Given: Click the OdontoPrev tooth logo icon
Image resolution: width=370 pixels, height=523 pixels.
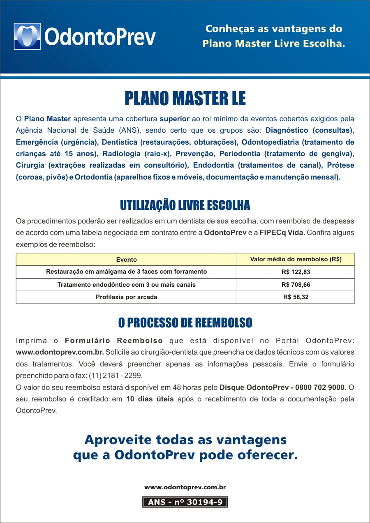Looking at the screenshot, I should (x=27, y=36).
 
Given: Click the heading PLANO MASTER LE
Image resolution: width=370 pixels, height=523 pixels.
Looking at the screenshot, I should (x=185, y=99).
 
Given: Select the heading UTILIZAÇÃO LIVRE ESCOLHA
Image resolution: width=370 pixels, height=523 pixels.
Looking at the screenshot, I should (x=185, y=205).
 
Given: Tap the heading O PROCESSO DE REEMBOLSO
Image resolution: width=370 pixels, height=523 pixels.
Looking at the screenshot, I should (x=185, y=323).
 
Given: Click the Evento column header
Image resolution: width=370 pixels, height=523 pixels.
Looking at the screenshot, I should (x=126, y=260).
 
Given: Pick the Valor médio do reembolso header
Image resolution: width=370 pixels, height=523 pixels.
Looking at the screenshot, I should (x=296, y=259).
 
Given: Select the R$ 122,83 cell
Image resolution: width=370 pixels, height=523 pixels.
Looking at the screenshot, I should (x=296, y=272).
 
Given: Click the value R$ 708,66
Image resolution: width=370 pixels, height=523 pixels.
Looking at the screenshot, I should (x=296, y=285).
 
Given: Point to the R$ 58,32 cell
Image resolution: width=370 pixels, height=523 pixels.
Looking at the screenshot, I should (x=296, y=297).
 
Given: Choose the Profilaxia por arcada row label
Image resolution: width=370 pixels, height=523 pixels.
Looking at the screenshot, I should (x=126, y=297).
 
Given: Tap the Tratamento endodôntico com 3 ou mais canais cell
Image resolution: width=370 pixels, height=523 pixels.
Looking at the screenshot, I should (x=126, y=285).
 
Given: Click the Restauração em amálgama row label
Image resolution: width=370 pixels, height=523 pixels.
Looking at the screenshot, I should (x=126, y=272).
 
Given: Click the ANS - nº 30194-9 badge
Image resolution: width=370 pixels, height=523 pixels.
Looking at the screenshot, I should (x=185, y=502).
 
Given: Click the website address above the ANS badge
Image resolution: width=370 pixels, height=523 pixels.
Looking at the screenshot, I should (x=185, y=487).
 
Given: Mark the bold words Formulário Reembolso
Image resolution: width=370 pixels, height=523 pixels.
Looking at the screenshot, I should (x=114, y=341).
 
